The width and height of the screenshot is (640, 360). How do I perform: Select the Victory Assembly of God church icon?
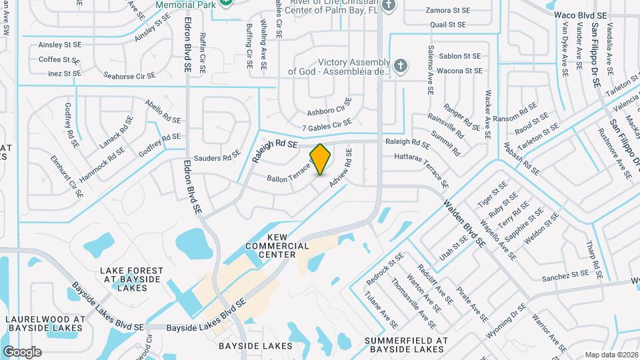(400, 65)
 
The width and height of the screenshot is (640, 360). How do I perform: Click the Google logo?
(22, 352)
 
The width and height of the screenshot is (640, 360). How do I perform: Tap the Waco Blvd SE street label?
(581, 15)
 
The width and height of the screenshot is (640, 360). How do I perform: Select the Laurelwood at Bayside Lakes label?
(45, 323)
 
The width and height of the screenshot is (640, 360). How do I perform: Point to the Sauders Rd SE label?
(217, 158)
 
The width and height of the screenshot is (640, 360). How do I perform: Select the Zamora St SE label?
(447, 11)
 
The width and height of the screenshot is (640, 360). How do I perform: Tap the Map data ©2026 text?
(611, 355)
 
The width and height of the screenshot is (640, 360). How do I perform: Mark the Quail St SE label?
(448, 24)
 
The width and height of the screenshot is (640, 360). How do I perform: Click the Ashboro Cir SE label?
(329, 107)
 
